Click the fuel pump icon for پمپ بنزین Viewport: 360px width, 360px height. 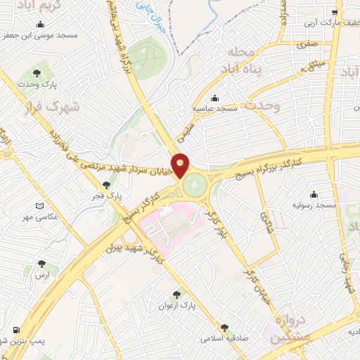(x=15, y=330)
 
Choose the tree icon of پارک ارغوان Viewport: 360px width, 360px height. (x=176, y=295)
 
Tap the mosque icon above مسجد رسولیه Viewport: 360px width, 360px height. (x=313, y=194)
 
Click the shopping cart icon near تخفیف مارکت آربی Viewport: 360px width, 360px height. (x=336, y=13)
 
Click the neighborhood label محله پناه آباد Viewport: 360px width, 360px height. (x=244, y=62)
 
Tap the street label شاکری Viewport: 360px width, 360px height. (x=266, y=225)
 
